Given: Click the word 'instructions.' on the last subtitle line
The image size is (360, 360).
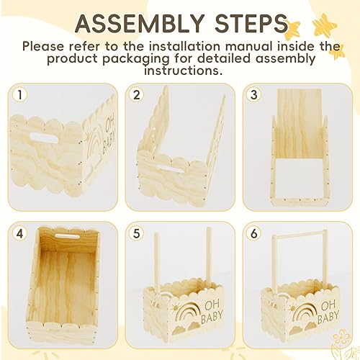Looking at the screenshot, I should point(180,71).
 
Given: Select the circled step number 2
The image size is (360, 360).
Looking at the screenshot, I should point(138,95).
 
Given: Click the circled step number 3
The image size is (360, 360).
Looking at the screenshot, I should point(254,95).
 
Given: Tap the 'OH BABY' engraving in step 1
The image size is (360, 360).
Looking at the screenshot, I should point(102,127).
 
